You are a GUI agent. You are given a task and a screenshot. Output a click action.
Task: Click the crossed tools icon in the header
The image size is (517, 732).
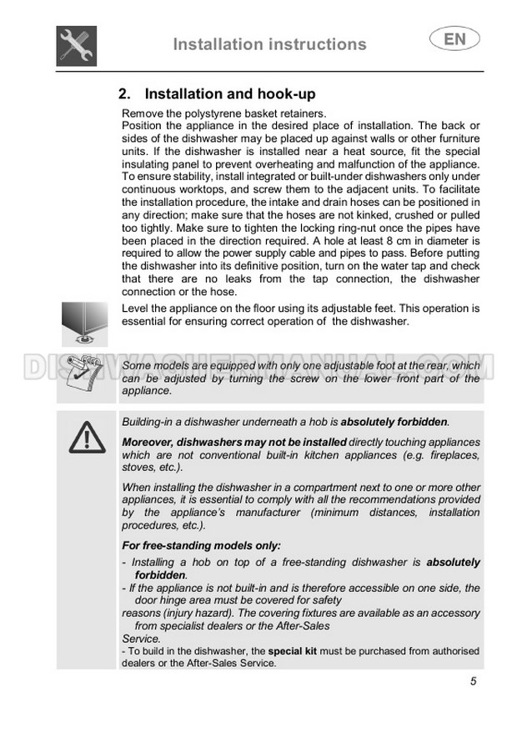78,44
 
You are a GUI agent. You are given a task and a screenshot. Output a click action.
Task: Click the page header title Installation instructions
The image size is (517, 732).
269,44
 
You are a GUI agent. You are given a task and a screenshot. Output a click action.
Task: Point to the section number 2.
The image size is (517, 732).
125,94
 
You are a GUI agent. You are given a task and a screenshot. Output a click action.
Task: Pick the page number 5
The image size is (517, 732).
473,681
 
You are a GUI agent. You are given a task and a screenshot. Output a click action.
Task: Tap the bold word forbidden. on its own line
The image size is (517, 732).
160,575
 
